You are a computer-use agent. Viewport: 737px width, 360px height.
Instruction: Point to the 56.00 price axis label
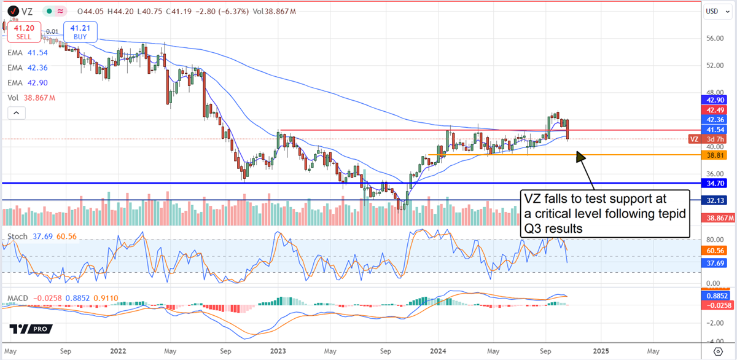(x=716, y=38)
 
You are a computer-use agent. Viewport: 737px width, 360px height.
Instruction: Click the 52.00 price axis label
(x=716, y=65)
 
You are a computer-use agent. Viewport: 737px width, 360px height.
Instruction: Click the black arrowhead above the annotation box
(x=580, y=157)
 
